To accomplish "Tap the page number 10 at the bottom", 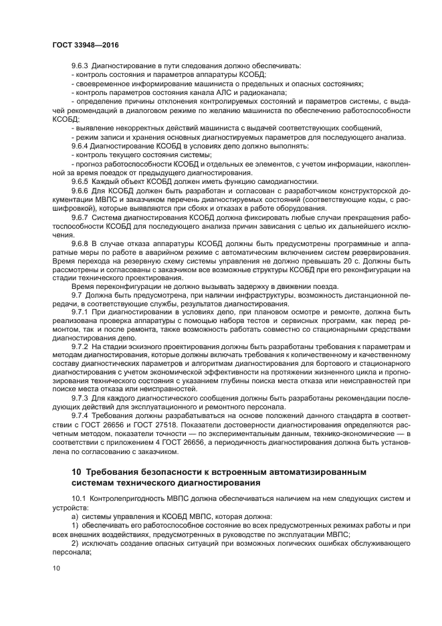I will point(57,568).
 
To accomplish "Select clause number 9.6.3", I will point(80,66).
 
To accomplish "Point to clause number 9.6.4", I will point(80,145).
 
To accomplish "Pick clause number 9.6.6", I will point(80,190).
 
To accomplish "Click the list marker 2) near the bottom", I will point(75,544).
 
